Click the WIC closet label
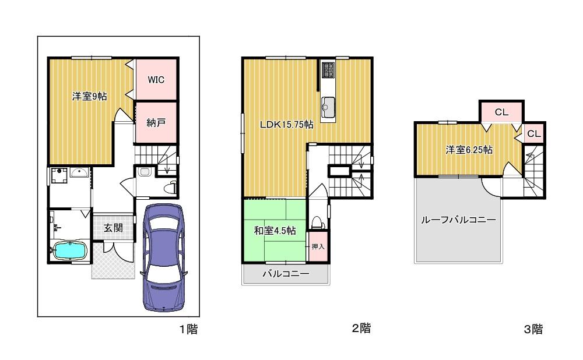[156, 80]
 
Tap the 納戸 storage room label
[156, 122]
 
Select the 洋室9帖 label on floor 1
[90, 97]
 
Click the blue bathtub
[70, 250]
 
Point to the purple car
[164, 257]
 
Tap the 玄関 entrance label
[113, 227]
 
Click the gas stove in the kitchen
[328, 70]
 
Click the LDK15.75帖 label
[286, 125]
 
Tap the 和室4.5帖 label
[275, 231]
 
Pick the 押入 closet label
[318, 246]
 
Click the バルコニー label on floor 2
[286, 274]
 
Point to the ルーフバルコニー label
[458, 220]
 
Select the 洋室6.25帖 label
[469, 150]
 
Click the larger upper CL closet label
[501, 112]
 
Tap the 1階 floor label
[188, 329]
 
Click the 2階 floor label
[361, 328]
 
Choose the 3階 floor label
[533, 329]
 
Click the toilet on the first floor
[171, 187]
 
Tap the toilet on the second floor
[318, 222]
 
